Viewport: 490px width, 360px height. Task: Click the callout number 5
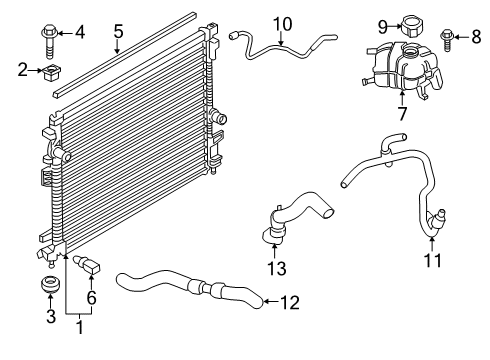click(x=118, y=31)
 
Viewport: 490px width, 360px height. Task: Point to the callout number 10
click(x=281, y=23)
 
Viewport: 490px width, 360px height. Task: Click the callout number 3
click(x=51, y=318)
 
